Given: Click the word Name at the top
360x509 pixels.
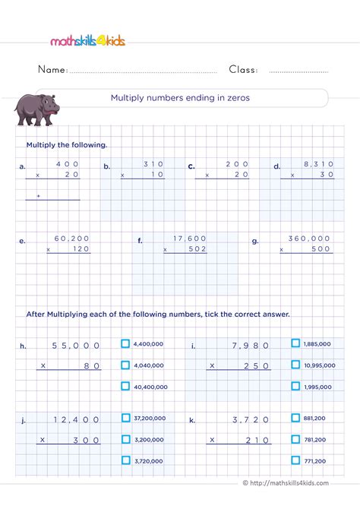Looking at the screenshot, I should click(x=52, y=70).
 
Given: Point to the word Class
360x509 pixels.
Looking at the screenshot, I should click(x=243, y=70).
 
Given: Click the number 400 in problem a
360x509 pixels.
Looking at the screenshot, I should click(x=68, y=163).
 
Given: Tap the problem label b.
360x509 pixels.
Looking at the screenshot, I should click(x=106, y=166).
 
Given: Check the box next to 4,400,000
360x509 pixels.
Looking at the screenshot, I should click(x=125, y=343).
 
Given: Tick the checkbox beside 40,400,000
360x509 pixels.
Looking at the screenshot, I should click(x=125, y=386).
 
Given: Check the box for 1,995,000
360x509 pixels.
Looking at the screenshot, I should click(x=295, y=386).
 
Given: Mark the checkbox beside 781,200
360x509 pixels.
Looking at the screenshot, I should click(x=295, y=438).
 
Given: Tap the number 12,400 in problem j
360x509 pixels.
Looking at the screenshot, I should click(x=76, y=419).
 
